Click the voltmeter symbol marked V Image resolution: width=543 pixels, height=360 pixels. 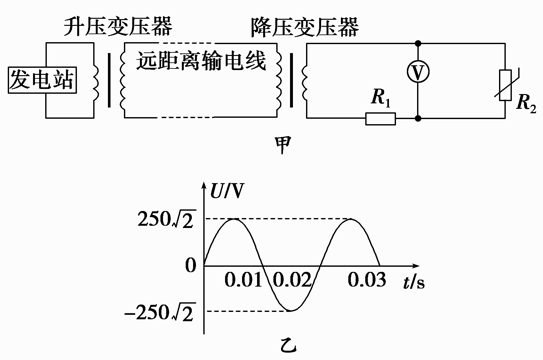point(418,72)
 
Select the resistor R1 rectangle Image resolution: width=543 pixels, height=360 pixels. point(381,119)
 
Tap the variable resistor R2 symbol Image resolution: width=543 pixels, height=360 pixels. point(505,85)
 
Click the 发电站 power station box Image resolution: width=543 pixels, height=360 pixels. point(42,81)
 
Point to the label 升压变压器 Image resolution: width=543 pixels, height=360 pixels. point(118,26)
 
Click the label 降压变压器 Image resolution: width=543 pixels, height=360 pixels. point(305,27)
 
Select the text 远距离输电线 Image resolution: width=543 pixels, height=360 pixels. point(201,61)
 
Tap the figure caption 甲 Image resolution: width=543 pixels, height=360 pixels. point(283,144)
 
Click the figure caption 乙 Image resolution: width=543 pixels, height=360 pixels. point(287,345)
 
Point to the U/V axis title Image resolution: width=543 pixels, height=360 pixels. point(227,191)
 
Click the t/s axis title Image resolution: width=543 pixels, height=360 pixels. point(414,282)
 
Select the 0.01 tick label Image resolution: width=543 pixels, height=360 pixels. point(243,279)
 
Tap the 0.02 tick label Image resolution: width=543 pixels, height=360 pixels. point(292,279)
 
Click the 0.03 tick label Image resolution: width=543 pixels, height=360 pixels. point(367,279)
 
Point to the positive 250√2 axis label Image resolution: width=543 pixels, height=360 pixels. point(167,219)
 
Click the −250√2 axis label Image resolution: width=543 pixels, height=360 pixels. point(160,312)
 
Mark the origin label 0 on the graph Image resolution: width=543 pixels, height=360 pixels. point(191,266)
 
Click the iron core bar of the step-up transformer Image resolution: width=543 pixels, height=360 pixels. point(109,80)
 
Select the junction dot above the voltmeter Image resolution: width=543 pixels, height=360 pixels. point(418,43)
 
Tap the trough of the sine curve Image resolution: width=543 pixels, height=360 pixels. point(292,310)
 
